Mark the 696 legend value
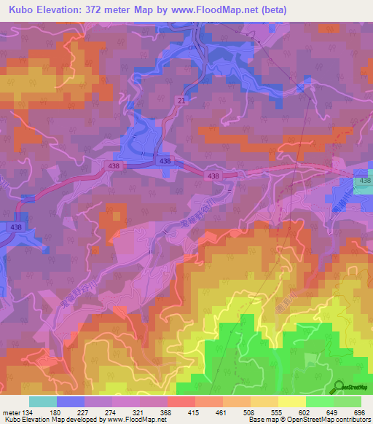coord(359,412)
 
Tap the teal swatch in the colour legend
coord(44,401)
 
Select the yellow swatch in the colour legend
coord(292,401)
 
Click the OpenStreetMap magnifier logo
coord(339,387)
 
